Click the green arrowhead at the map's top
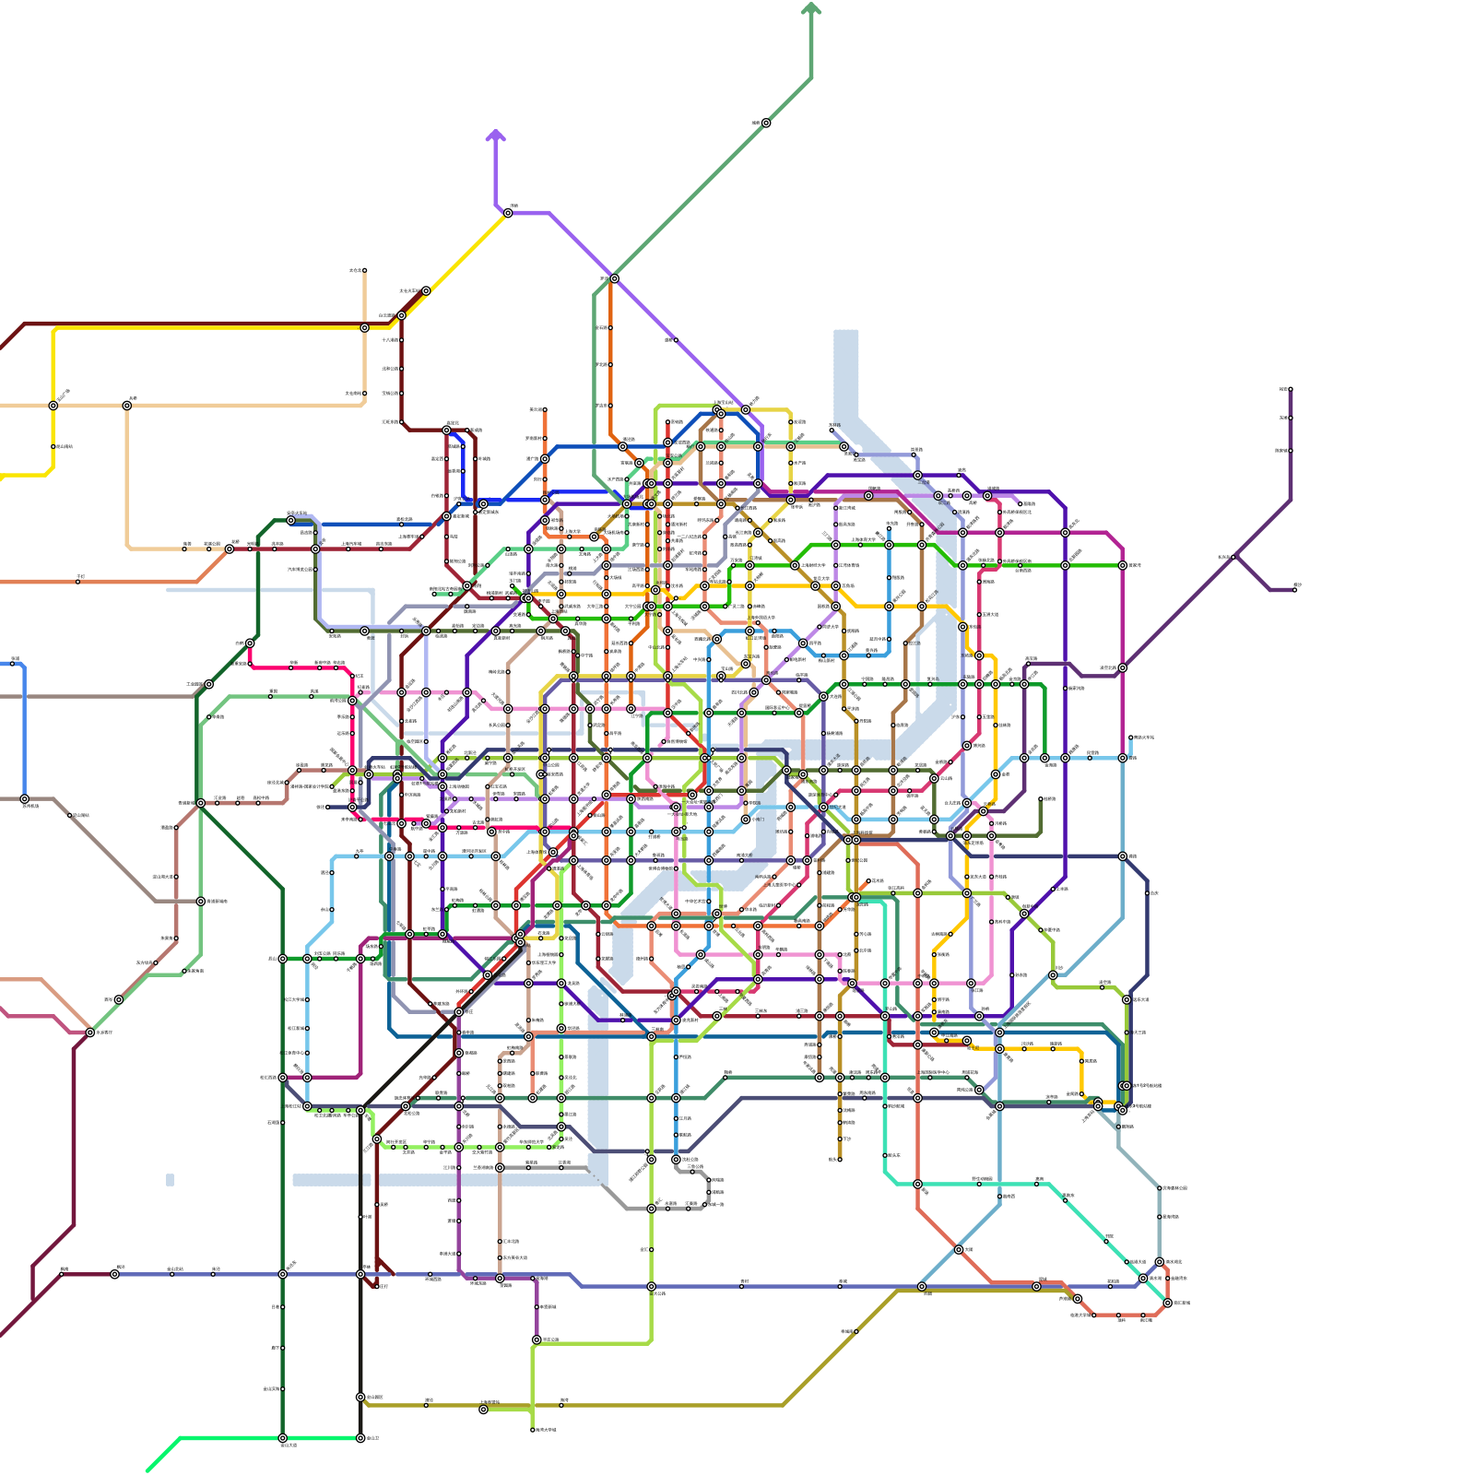(x=811, y=9)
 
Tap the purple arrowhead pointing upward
(x=496, y=136)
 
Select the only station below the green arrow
(x=765, y=123)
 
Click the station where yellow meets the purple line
(x=508, y=213)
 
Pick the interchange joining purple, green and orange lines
(x=614, y=278)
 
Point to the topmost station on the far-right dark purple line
(x=1290, y=389)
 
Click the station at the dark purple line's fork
(x=1235, y=557)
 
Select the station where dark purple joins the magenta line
(x=1122, y=667)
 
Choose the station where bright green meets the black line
(x=360, y=1437)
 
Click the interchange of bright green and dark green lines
(x=283, y=1437)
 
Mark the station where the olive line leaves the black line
(x=360, y=1397)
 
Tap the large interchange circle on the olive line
(x=483, y=1409)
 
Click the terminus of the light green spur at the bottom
(x=533, y=1429)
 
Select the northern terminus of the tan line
(x=364, y=271)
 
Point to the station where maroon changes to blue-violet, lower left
(x=114, y=1274)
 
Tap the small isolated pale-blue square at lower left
(x=170, y=1180)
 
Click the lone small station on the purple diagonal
(x=676, y=339)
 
